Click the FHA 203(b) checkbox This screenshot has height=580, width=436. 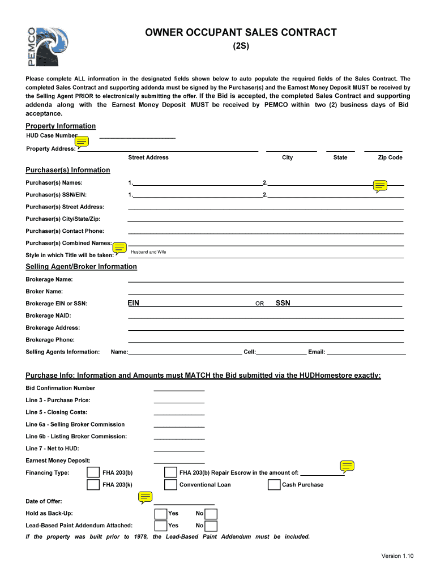coord(93,472)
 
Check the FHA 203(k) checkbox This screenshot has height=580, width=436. coord(93,485)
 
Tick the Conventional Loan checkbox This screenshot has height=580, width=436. coord(170,485)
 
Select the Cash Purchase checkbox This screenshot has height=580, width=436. coord(273,485)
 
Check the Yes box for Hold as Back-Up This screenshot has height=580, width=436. coord(161,514)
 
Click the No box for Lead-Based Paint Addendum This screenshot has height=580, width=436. coord(211,526)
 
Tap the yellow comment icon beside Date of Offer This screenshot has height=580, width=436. coord(146,497)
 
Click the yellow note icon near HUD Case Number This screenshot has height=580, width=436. coord(82,142)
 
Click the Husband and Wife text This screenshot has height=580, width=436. coord(148,252)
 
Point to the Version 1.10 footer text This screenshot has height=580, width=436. coord(397,556)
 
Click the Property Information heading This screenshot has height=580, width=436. coord(61,126)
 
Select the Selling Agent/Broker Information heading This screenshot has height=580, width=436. coord(81,267)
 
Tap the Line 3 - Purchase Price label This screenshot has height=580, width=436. coord(58,400)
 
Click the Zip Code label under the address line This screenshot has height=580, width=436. coord(390,157)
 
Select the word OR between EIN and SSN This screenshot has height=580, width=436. coord(259,304)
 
